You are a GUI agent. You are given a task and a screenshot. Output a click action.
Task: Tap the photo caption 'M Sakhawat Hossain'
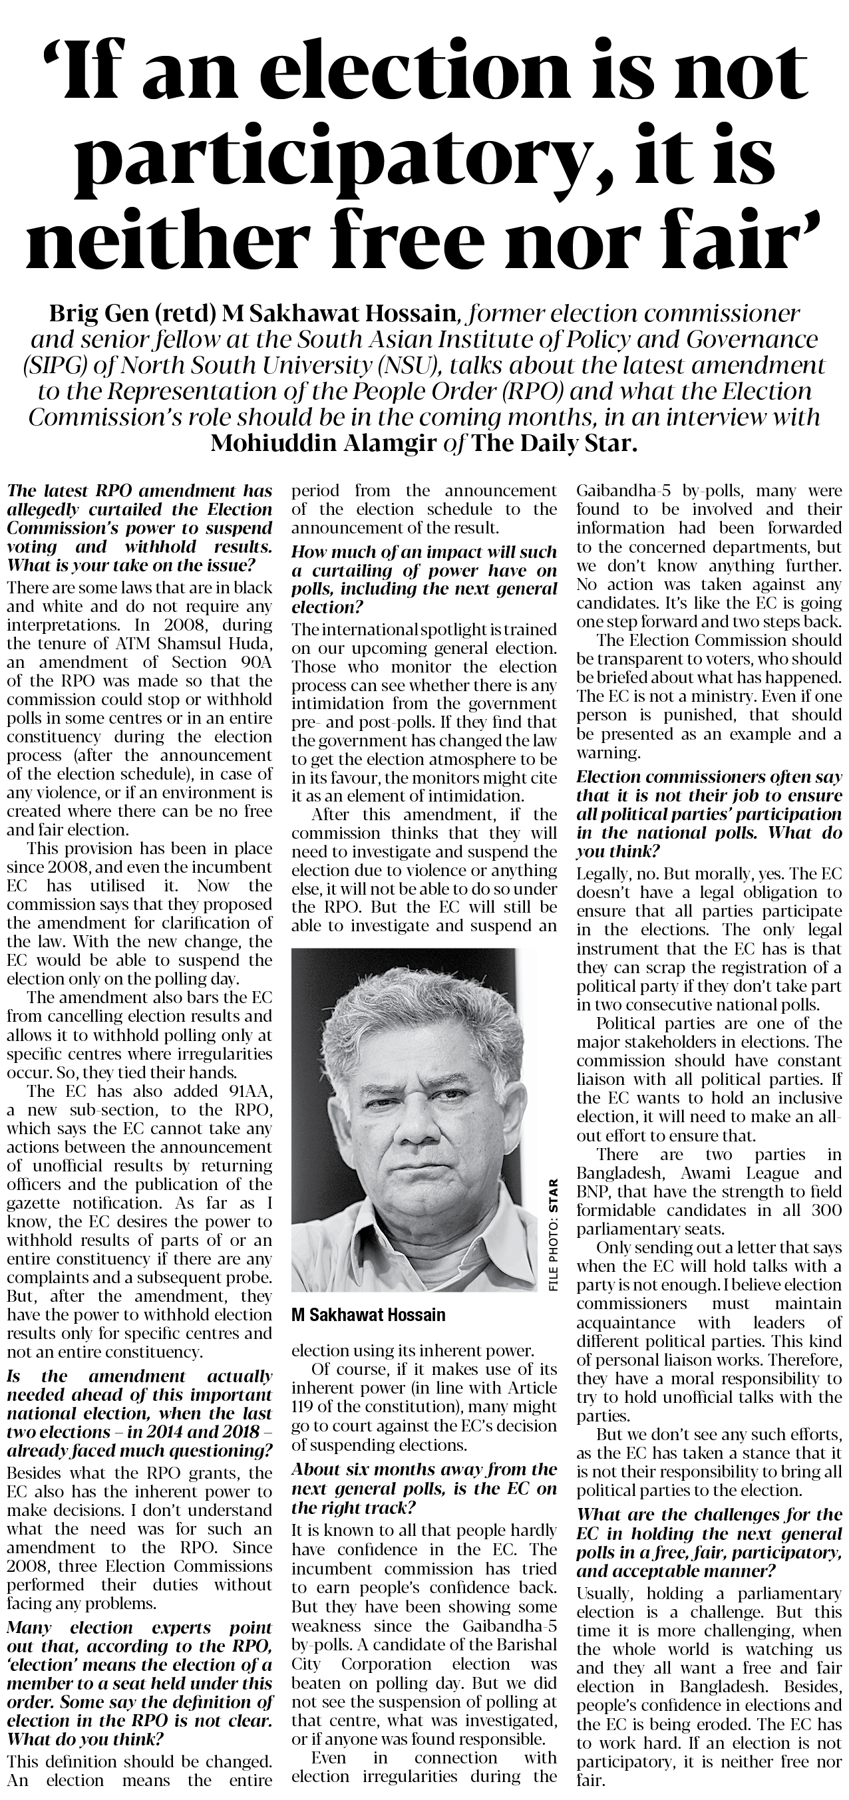tap(367, 1315)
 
